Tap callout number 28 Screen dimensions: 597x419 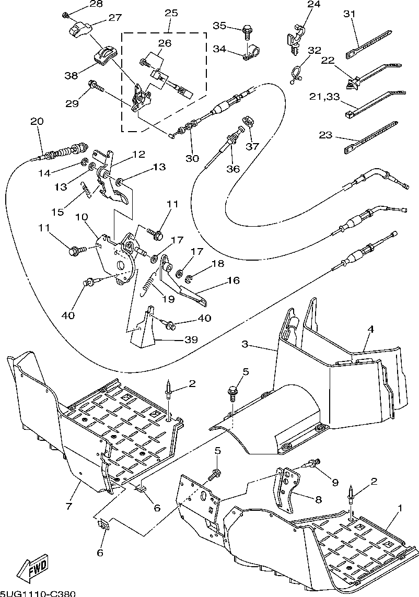[x=96, y=4]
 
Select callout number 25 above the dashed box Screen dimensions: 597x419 [x=171, y=13]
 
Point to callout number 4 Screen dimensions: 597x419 [x=370, y=330]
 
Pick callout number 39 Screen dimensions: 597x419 [x=191, y=340]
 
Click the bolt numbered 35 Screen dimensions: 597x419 [x=248, y=33]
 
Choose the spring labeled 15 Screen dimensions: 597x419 [x=87, y=190]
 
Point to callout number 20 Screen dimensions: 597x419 [x=37, y=121]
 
